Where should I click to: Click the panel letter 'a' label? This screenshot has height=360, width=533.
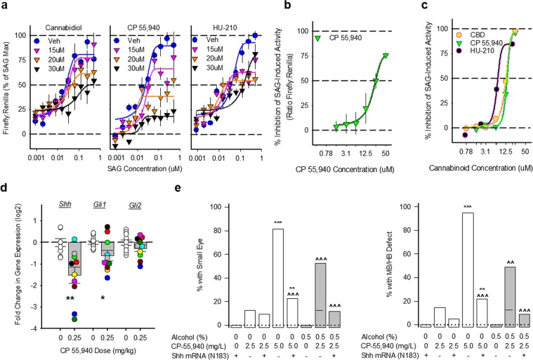[6, 6]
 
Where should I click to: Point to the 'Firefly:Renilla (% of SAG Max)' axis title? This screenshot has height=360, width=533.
[8, 83]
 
